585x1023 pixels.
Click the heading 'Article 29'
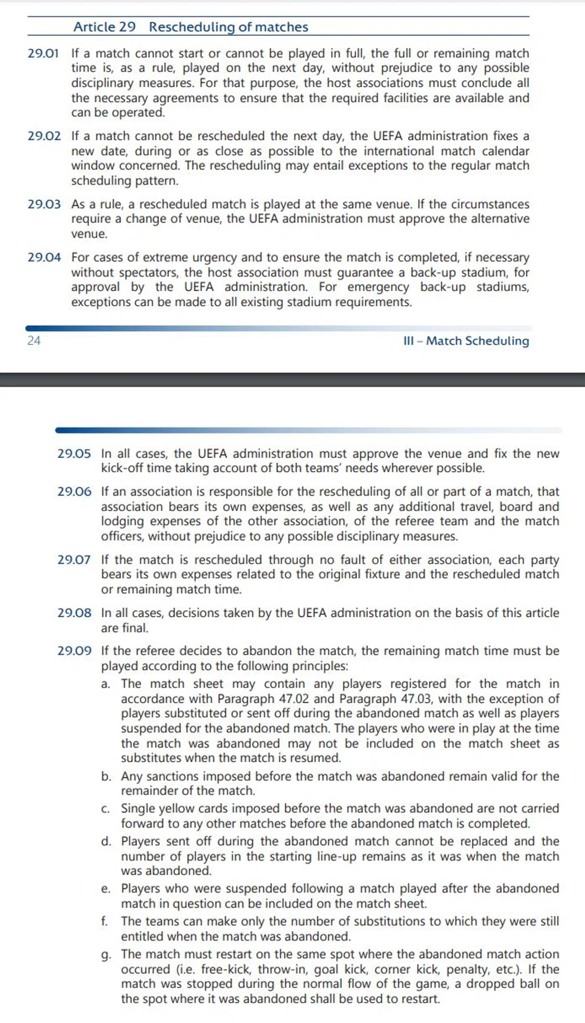coord(104,27)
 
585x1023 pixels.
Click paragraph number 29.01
coord(43,53)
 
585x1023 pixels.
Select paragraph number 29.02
coord(44,136)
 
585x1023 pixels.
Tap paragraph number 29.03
coord(44,204)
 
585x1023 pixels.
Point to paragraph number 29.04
coord(44,257)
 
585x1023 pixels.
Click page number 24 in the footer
coord(34,340)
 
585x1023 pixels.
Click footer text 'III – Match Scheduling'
coord(466,341)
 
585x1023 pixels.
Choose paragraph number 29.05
coord(74,453)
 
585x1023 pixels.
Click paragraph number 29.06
coord(74,491)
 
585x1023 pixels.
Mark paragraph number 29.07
coord(74,560)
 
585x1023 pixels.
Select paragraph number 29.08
coord(74,612)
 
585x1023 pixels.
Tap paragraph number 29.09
coord(74,651)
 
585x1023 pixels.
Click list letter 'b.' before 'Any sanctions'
coord(106,776)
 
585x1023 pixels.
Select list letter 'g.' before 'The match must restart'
coord(106,954)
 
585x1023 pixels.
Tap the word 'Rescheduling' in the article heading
coord(190,27)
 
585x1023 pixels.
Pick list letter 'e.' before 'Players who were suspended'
coord(106,888)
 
